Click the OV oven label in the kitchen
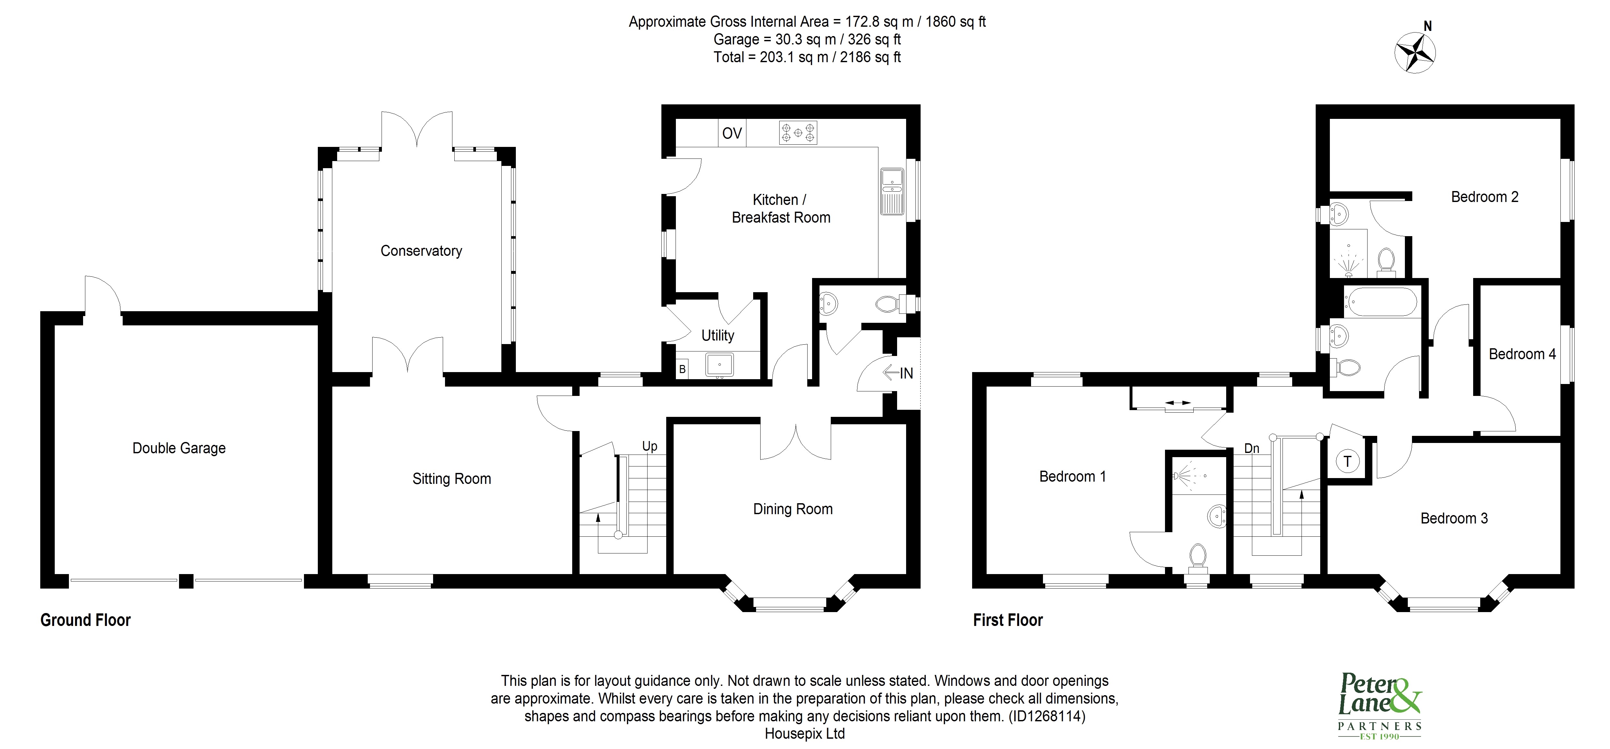732,133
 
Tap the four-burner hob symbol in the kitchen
798,132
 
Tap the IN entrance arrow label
898,373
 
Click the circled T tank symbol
1348,462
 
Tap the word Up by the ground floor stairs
649,447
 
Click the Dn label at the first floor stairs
1251,448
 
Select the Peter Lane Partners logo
1379,713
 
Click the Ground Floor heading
86,620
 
